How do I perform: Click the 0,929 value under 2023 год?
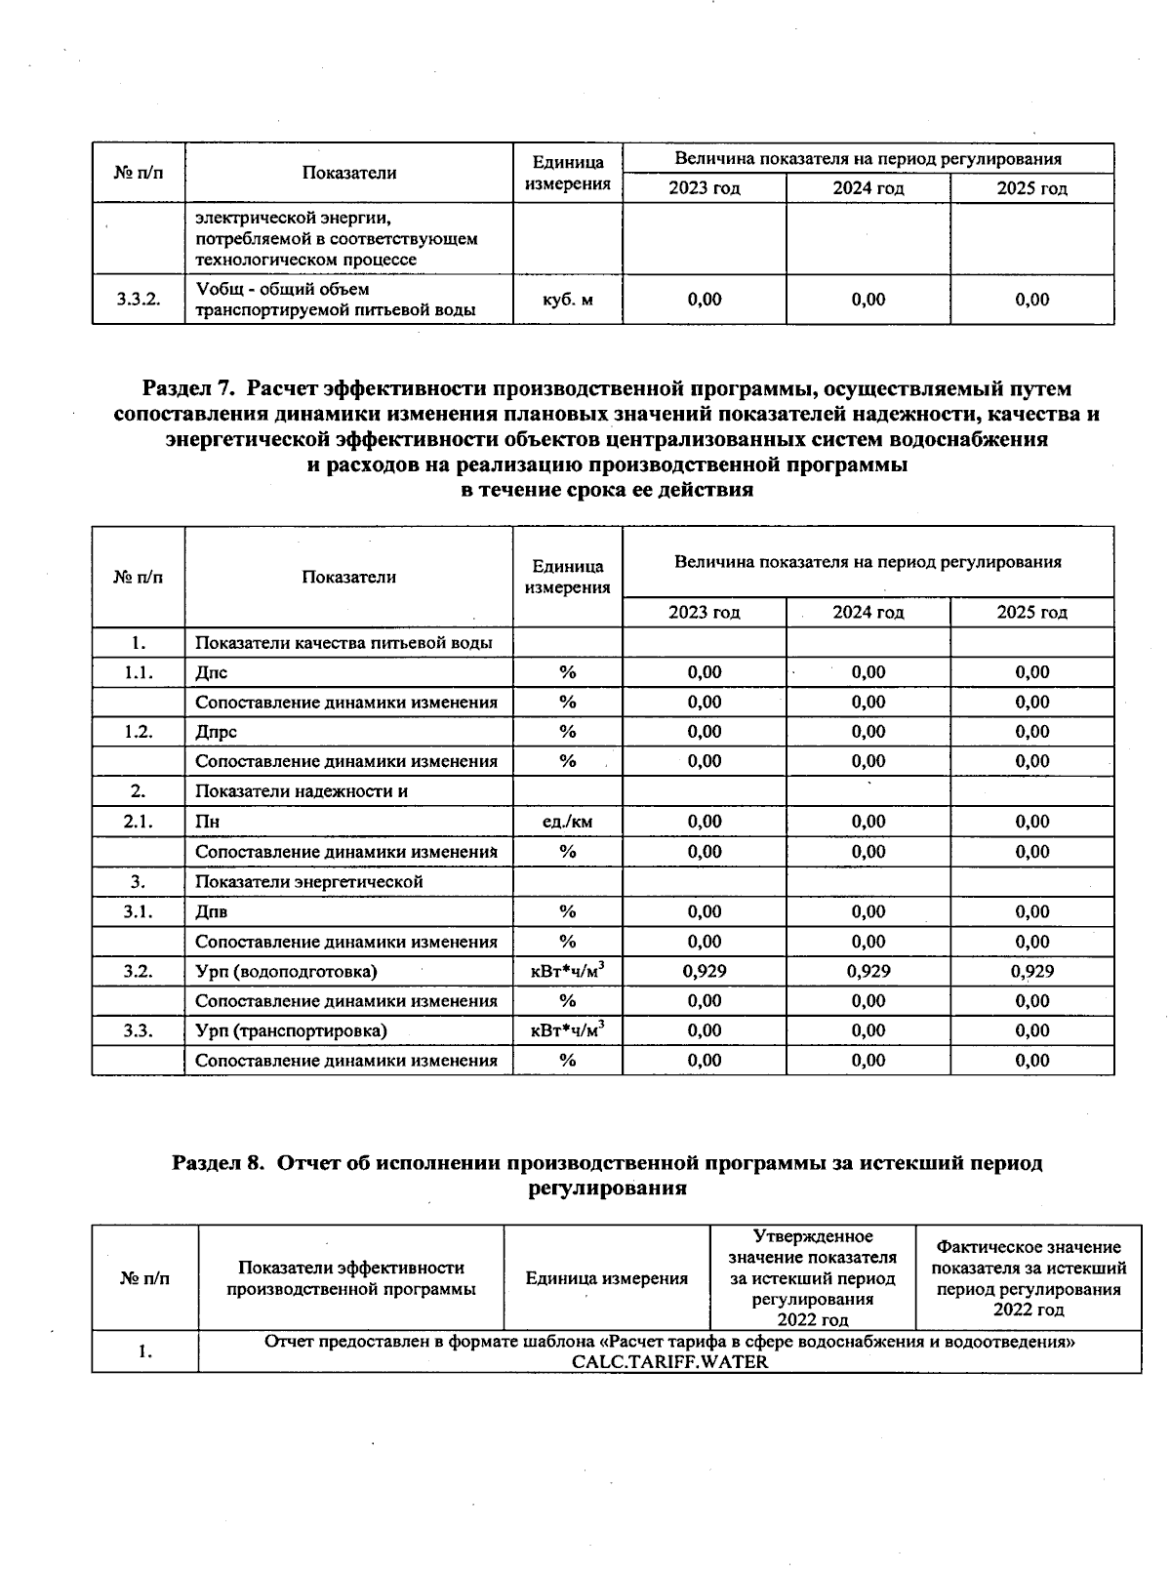coord(704,971)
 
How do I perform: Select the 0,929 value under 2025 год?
coord(1031,971)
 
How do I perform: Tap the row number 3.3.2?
coord(139,300)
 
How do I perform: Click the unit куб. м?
coord(567,300)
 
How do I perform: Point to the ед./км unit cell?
coord(567,822)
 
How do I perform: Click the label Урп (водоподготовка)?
coord(286,971)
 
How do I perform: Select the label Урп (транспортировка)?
coord(291,1030)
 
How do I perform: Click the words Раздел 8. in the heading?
coord(219,1163)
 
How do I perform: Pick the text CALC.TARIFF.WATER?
coord(669,1362)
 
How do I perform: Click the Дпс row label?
coord(212,672)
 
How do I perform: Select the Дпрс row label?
coord(216,732)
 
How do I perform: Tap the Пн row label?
coord(207,822)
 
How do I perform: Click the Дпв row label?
coord(212,911)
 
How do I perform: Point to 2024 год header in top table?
coord(868,188)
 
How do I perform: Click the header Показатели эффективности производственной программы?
coord(350,1278)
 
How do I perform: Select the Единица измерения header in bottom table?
coord(606,1278)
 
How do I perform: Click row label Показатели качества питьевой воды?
coord(343,642)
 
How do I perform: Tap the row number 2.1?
coord(139,822)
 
